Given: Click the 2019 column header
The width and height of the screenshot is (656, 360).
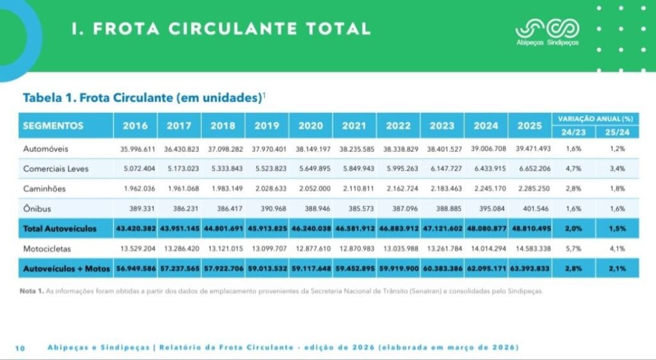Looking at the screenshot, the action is click(x=266, y=126).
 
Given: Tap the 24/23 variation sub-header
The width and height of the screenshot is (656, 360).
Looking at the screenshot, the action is click(x=573, y=132).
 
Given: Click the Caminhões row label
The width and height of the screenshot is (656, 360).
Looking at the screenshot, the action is click(x=44, y=188).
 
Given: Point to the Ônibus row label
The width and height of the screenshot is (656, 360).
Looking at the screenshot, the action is click(x=37, y=208).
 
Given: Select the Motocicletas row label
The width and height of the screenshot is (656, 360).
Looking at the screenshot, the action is click(x=47, y=249).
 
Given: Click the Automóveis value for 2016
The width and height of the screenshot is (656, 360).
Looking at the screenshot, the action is click(x=138, y=149).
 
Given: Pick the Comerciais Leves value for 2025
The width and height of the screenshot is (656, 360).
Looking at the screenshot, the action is click(x=535, y=168).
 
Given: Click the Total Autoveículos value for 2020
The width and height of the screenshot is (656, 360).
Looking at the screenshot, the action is click(x=311, y=229).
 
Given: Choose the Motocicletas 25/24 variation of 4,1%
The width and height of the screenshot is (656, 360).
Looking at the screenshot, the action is click(x=617, y=249).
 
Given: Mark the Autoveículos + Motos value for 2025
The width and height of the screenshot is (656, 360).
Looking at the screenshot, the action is click(x=530, y=268).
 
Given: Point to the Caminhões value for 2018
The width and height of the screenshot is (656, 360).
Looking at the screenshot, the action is click(x=227, y=188).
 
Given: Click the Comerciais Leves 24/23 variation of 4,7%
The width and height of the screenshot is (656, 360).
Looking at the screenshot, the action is click(x=573, y=168).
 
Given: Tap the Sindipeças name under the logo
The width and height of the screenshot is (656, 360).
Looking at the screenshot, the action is click(x=562, y=43).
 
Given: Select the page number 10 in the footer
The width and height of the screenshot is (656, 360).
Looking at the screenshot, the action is click(x=20, y=348).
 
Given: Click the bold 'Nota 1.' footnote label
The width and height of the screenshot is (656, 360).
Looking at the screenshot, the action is click(x=32, y=291).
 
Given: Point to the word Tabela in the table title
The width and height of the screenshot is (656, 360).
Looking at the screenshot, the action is click(x=42, y=98).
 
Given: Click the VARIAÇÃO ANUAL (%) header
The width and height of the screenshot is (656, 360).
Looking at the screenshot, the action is click(x=595, y=119).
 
